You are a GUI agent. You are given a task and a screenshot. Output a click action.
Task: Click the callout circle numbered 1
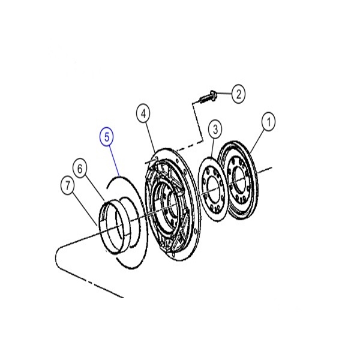coord(269,121)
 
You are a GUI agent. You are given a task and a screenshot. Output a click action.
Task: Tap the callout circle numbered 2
coord(238,94)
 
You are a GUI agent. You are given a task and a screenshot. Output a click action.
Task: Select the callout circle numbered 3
coord(215,130)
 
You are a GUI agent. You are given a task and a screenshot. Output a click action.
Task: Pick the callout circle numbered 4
coord(143,113)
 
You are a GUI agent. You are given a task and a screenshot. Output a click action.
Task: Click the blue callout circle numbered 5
coord(107,137)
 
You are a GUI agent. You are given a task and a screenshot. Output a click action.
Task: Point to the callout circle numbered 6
coord(80,169)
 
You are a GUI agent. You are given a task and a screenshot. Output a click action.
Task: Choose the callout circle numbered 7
coord(67,185)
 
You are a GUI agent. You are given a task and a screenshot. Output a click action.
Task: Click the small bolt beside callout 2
coord(207,98)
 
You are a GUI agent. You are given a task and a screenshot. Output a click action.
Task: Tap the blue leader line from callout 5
coord(114,160)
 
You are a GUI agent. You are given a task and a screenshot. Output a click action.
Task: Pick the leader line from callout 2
coord(224,94)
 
